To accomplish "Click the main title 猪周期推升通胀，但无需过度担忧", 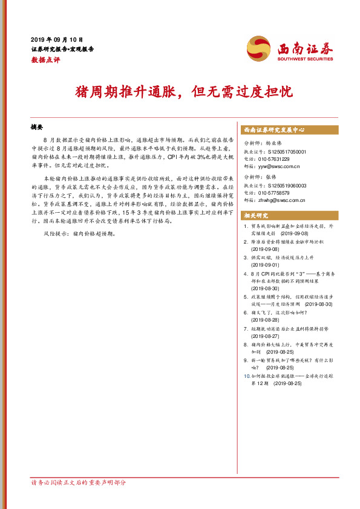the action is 180,92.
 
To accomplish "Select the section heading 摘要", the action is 37,128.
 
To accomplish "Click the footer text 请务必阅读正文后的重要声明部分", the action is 79,482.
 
